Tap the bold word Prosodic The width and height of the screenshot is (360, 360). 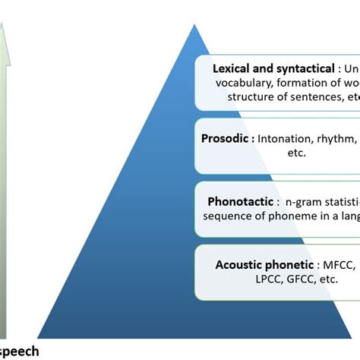(228, 139)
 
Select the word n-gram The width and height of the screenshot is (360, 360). (303, 202)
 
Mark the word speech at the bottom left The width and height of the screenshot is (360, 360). (18, 351)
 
